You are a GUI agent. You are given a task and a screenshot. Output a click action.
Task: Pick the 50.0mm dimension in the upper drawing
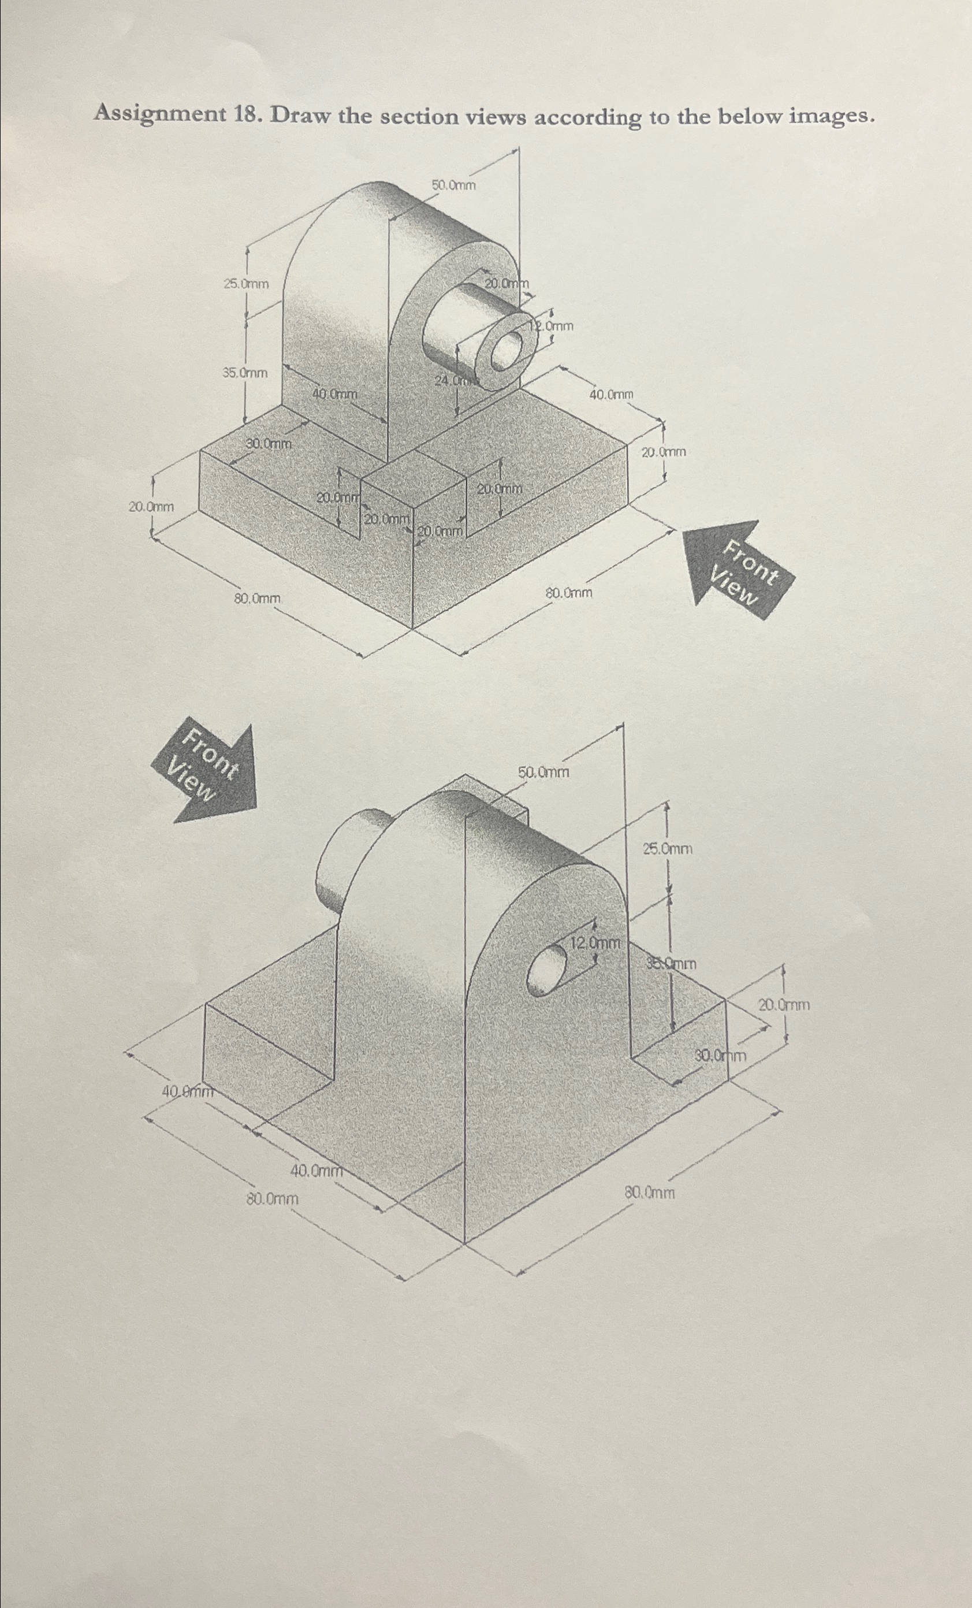[453, 185]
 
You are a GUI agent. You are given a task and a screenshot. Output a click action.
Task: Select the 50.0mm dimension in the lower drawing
[543, 773]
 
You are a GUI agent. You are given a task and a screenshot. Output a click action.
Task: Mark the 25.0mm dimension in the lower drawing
[668, 849]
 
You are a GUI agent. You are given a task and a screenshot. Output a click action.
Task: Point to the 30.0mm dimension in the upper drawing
[268, 444]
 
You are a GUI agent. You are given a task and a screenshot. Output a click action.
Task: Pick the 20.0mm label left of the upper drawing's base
[151, 506]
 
